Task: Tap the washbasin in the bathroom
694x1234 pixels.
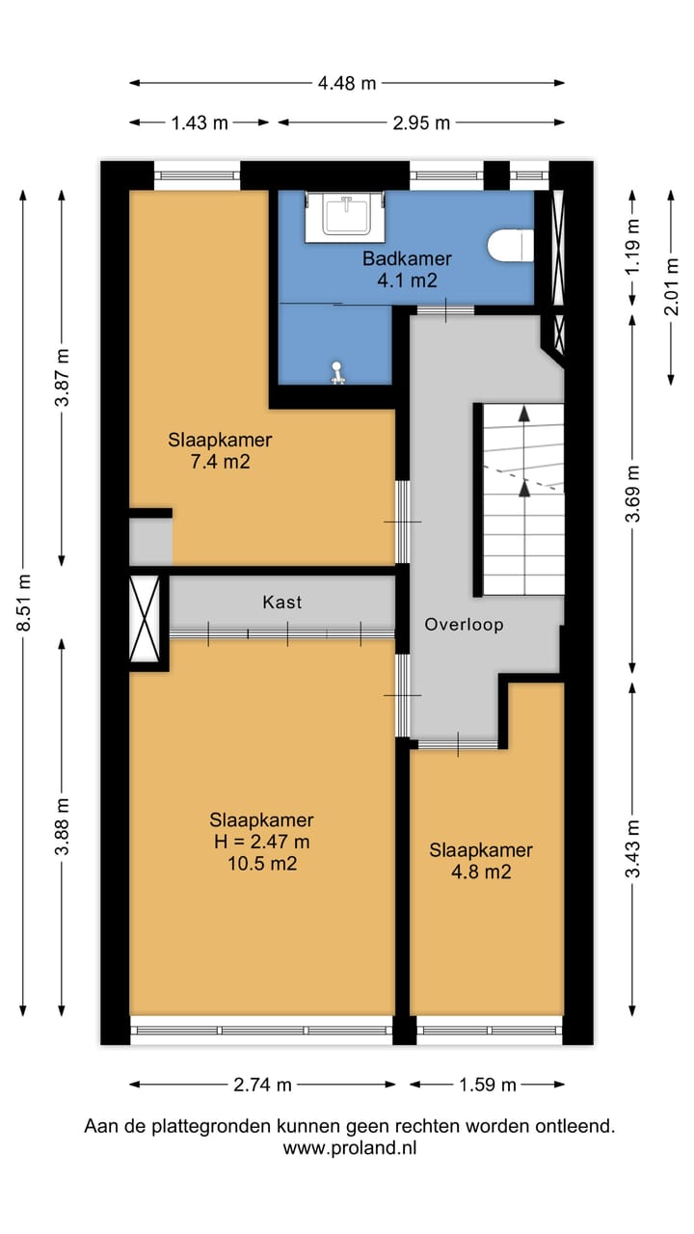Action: (345, 215)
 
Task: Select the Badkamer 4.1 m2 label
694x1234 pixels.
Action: (407, 270)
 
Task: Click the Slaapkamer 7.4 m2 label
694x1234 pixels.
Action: (220, 451)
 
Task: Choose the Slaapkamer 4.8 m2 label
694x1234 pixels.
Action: (481, 861)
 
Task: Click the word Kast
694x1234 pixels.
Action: (282, 602)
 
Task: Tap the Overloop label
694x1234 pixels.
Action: (464, 624)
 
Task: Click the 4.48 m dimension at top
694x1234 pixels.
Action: (347, 83)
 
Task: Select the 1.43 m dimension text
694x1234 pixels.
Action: (200, 122)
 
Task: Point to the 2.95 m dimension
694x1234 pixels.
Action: (421, 122)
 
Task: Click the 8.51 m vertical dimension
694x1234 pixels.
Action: (24, 603)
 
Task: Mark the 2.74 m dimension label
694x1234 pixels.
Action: (262, 1085)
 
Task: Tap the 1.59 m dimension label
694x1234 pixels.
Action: (488, 1085)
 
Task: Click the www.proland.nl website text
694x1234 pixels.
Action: (349, 1147)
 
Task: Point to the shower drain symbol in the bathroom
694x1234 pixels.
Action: (337, 372)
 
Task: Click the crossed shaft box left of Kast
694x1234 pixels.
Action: (148, 617)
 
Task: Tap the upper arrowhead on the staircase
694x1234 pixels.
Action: (524, 414)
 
